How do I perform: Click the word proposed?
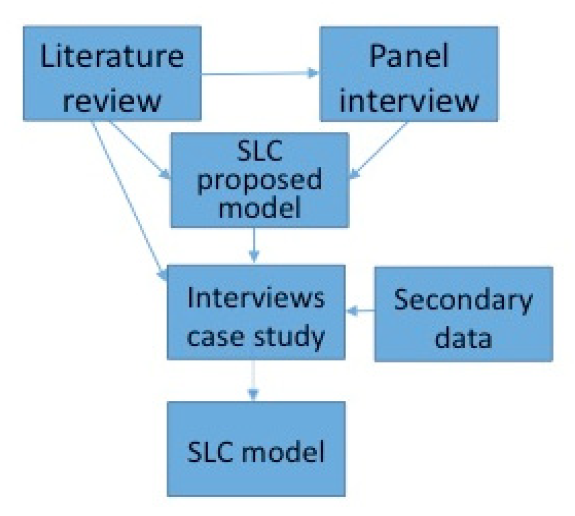(x=259, y=180)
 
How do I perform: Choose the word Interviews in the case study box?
(x=256, y=299)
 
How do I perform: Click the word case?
(x=214, y=337)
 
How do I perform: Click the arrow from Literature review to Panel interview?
(x=260, y=73)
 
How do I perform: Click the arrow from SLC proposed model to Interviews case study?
(x=253, y=245)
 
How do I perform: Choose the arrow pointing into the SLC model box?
(x=253, y=380)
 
